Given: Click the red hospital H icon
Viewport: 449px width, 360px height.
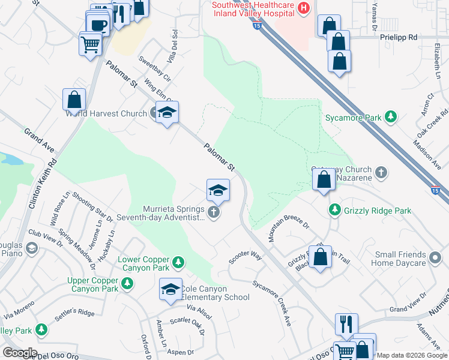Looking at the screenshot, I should (304, 8).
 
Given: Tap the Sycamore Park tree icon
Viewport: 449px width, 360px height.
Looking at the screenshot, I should (391, 117).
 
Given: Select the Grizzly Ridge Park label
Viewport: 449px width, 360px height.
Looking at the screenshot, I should (378, 211).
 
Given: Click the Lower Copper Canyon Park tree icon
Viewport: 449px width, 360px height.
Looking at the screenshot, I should (178, 262).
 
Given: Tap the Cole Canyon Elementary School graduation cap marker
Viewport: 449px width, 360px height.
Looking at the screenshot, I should (170, 289).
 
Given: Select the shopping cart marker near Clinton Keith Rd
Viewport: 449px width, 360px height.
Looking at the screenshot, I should (91, 44).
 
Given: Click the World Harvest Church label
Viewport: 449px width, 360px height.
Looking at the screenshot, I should (106, 113).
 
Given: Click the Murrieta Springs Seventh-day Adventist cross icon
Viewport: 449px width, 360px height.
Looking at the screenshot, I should (213, 212).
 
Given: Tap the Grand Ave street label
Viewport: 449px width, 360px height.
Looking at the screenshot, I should (39, 139).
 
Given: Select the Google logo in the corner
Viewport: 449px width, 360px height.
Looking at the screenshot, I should (19, 353).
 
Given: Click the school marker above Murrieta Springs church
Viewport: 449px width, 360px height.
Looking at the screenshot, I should (218, 191).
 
